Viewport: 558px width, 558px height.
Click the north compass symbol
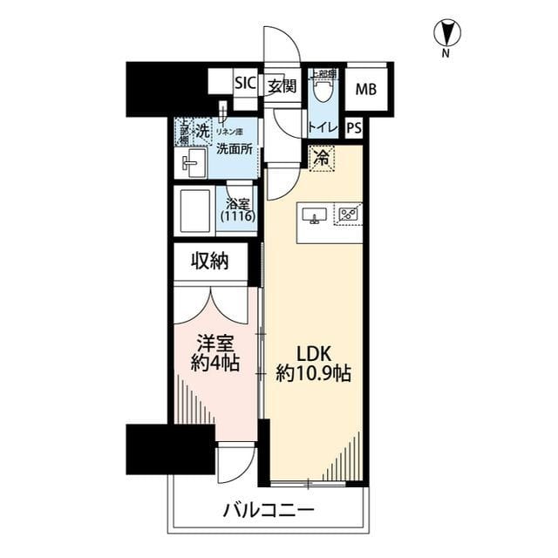click(x=446, y=34)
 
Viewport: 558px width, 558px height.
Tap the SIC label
click(x=245, y=84)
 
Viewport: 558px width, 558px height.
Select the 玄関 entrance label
click(x=282, y=85)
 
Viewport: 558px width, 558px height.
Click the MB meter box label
click(x=365, y=87)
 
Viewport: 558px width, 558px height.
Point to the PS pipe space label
click(x=353, y=127)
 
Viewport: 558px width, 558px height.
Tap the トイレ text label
click(x=322, y=127)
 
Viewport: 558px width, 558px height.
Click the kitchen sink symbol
click(x=314, y=214)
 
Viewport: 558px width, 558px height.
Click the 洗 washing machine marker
click(x=201, y=132)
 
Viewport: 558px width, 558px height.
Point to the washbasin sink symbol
click(x=192, y=162)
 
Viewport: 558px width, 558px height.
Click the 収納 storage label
click(x=210, y=261)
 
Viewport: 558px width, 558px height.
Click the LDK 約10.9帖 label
click(x=313, y=365)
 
